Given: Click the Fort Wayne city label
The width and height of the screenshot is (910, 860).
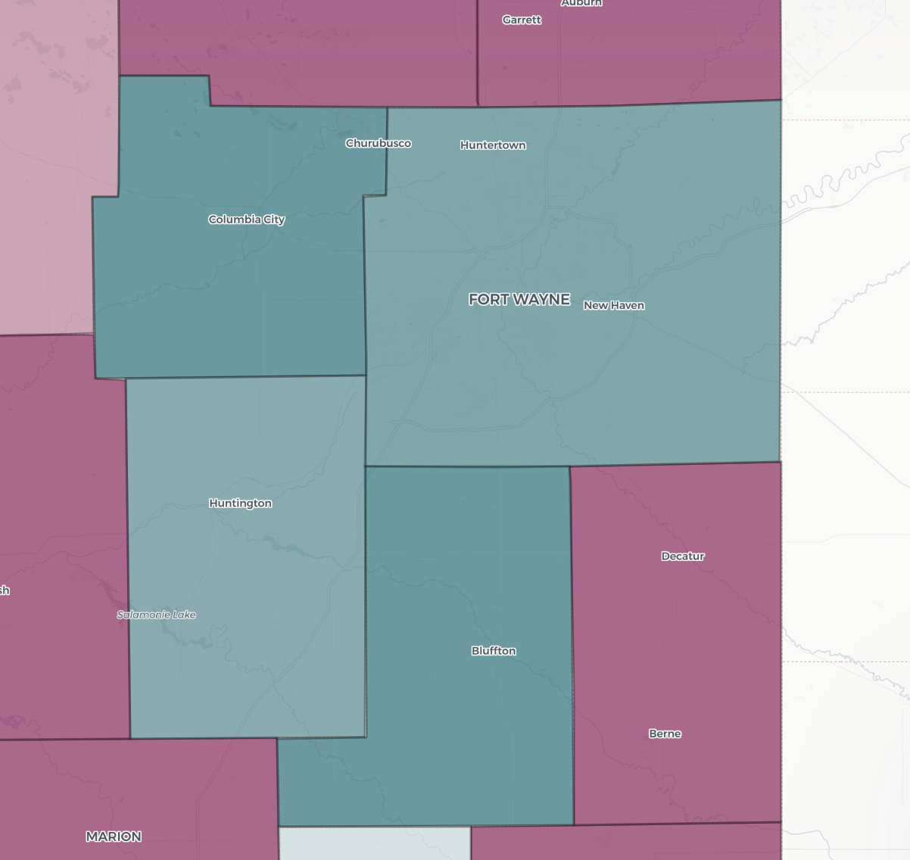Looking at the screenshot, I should [x=519, y=300].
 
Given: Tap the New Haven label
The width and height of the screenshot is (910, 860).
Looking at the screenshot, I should [x=613, y=306].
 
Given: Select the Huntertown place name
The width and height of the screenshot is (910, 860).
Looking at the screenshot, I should [x=493, y=145].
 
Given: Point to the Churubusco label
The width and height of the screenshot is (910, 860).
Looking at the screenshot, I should [x=378, y=143].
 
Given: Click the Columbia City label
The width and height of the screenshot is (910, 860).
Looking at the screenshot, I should [x=246, y=220].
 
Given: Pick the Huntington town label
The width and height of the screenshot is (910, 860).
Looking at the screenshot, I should [x=240, y=503].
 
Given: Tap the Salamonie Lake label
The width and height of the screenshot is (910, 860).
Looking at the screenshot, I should [x=156, y=615].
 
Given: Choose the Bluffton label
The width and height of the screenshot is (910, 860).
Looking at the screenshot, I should [x=494, y=651].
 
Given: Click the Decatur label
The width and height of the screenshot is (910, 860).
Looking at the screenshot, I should [x=683, y=556].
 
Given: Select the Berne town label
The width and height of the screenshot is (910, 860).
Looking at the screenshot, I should [x=665, y=734].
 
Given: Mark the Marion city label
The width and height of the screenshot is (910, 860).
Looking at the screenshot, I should [x=114, y=837].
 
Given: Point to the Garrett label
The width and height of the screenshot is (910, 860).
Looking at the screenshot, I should [x=522, y=20].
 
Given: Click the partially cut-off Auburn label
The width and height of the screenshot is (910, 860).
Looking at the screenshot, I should [x=581, y=3].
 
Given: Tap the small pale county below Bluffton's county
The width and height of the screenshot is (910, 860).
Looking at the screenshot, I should [x=375, y=843].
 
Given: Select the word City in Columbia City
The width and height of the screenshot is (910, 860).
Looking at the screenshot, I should [x=272, y=220].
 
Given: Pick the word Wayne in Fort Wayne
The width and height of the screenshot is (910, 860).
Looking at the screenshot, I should [x=541, y=300].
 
